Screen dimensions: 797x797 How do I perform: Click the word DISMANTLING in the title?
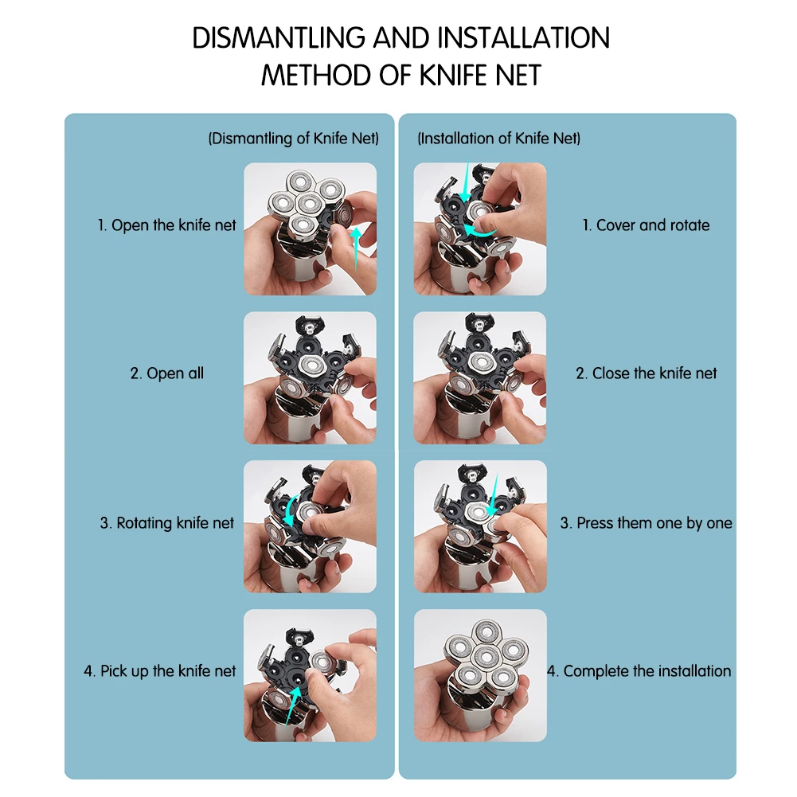point(280,38)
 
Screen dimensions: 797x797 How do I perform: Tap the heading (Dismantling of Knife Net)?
point(293,139)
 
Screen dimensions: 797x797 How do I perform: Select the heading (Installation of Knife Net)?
point(499,139)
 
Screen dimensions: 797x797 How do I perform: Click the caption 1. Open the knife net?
point(167,225)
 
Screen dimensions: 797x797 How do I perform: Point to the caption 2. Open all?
point(167,373)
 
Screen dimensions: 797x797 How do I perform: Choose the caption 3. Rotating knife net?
point(167,523)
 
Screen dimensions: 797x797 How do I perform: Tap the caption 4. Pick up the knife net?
point(160,671)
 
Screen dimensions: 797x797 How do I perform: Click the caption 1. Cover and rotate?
point(646,225)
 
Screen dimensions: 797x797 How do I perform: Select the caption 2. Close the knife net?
point(647,373)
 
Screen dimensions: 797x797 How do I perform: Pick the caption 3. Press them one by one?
point(646,523)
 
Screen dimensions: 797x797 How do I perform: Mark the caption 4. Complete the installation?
point(639,671)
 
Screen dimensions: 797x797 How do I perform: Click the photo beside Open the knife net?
point(310,229)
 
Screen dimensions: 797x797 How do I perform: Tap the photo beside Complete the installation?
point(480,675)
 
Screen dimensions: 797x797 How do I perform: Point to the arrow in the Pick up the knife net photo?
point(298,701)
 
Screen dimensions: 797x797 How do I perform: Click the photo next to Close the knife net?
point(480,377)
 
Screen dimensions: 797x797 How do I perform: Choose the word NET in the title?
point(515,75)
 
